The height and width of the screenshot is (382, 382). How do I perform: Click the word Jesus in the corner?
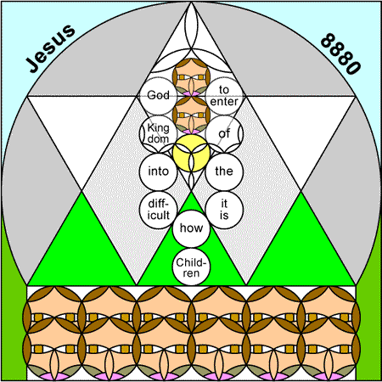pos(50,48)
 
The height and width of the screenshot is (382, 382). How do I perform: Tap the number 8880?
pos(340,53)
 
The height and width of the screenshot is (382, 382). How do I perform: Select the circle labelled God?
pos(158,96)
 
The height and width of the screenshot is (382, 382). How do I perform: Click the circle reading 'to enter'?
pos(224,96)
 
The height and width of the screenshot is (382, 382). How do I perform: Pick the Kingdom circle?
pos(158,134)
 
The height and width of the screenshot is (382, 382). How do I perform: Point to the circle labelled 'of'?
pos(224,134)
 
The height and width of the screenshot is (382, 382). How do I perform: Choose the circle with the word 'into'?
pos(158,171)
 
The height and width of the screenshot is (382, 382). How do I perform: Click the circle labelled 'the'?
pos(224,171)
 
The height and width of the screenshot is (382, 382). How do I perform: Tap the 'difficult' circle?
pos(158,210)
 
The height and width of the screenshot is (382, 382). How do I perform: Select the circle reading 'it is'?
pos(224,210)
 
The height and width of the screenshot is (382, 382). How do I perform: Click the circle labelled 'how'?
pos(191,228)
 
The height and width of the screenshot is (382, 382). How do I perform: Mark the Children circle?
pos(191,267)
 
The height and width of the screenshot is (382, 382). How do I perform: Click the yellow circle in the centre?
pos(191,153)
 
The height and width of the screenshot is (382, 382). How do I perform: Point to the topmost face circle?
pos(191,77)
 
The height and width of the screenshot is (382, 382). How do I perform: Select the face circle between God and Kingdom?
pos(191,115)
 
